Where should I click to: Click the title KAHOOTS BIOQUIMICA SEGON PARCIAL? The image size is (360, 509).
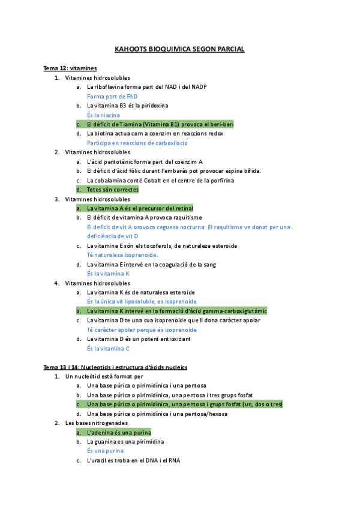(x=179, y=49)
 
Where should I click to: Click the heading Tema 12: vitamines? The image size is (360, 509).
(x=70, y=68)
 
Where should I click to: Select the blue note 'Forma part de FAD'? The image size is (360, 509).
(x=112, y=96)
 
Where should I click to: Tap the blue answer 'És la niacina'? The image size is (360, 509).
(x=103, y=115)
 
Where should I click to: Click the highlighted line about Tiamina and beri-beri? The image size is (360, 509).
(x=160, y=124)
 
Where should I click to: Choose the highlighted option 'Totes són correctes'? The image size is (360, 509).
(x=112, y=190)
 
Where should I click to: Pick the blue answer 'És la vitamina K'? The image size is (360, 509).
(x=108, y=273)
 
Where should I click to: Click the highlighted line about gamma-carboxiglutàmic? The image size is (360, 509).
(x=176, y=311)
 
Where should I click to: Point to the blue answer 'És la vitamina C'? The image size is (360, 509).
(x=108, y=348)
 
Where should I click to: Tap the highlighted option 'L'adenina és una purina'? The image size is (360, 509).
(x=119, y=432)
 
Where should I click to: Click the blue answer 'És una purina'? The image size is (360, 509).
(x=105, y=451)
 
